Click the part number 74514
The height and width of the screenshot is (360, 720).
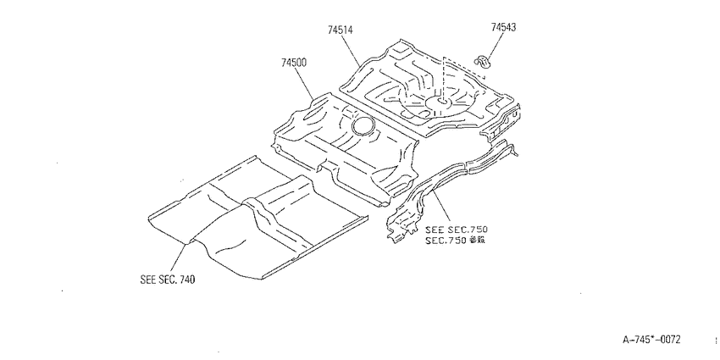341,30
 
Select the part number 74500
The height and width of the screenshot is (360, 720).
294,63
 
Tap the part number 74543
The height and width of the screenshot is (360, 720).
503,27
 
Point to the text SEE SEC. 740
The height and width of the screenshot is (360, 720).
167,280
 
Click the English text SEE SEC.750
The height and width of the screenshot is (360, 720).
457,230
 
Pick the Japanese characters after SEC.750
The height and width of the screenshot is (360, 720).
477,240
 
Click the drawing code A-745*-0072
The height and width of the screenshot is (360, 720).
651,340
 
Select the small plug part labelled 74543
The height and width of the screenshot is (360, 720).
482,60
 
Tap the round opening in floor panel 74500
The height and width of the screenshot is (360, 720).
363,125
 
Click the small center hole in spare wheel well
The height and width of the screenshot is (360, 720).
441,100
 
